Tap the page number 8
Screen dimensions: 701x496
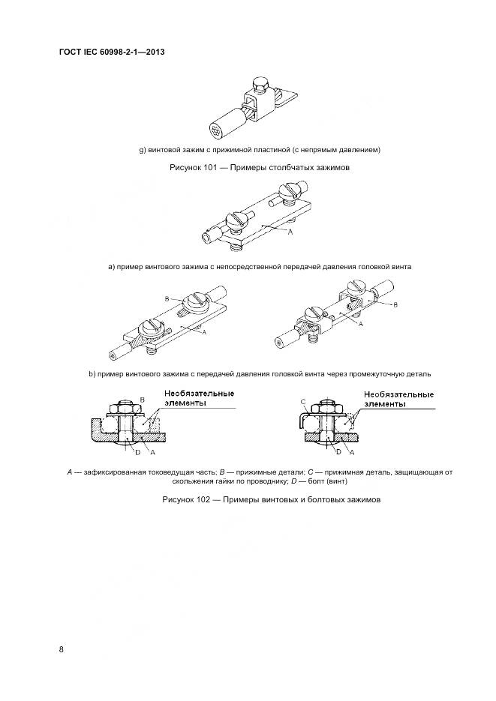[x=62, y=649]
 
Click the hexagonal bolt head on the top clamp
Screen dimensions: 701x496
[x=260, y=81]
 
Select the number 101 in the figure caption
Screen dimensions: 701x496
[x=210, y=168]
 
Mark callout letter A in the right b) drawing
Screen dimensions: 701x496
[x=360, y=324]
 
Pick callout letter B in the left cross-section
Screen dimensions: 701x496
[x=142, y=400]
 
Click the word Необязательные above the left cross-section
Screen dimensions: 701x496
[x=197, y=393]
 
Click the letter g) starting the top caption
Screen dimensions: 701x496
[x=143, y=150]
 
